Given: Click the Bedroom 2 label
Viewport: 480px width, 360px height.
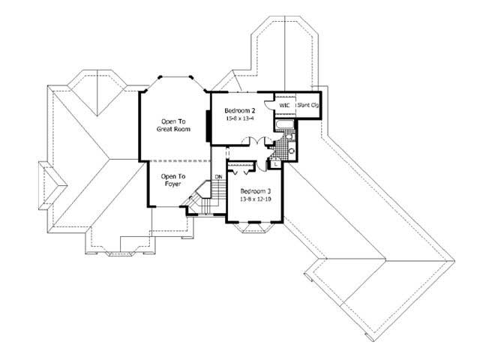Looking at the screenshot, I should click(x=239, y=110).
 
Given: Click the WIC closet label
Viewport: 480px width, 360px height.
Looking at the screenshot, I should click(x=284, y=106).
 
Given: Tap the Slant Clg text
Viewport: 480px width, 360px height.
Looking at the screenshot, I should click(x=308, y=106).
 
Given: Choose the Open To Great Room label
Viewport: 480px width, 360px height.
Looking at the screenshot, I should click(x=172, y=125).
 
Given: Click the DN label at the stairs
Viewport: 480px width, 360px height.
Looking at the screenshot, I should click(x=218, y=177).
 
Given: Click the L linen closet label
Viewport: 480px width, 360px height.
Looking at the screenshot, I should click(x=275, y=164).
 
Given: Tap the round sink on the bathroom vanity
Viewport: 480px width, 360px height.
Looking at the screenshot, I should click(x=292, y=150).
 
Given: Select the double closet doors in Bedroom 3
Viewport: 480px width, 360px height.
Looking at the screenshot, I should click(x=240, y=166).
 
